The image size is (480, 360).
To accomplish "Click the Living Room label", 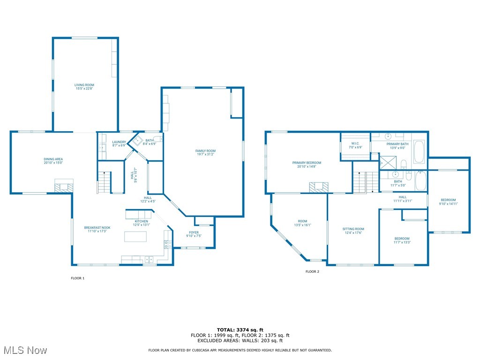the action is coord(84,87).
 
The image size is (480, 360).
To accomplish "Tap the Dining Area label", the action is coord(53,161).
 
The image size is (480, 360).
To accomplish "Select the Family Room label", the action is coord(205,152).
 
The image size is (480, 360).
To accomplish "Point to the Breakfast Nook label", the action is coord(97,229).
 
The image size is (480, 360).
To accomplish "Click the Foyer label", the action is coord(194,234).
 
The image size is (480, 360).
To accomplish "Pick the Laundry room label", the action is coord(119,143).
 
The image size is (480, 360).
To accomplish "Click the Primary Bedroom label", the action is coord(307,165).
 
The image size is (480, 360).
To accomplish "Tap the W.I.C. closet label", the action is coord(355,145).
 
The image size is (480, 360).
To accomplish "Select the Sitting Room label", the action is coord(353,231).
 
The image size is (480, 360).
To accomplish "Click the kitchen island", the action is coord(135,237).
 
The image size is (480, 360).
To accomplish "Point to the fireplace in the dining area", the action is coord(64,186).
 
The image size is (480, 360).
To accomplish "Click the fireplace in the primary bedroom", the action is coord(319,187).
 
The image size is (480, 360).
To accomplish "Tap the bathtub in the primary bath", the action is coord(420,152).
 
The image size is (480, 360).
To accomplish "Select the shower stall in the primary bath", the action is coord(388,163).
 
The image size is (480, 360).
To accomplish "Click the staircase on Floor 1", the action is coord(104,182).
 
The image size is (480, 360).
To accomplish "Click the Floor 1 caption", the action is coord(77,278).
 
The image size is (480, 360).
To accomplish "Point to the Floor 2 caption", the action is coord(312,271).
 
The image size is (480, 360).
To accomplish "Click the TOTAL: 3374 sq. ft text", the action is coord(240,330).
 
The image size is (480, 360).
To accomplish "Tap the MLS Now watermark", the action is coord(25,350).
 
